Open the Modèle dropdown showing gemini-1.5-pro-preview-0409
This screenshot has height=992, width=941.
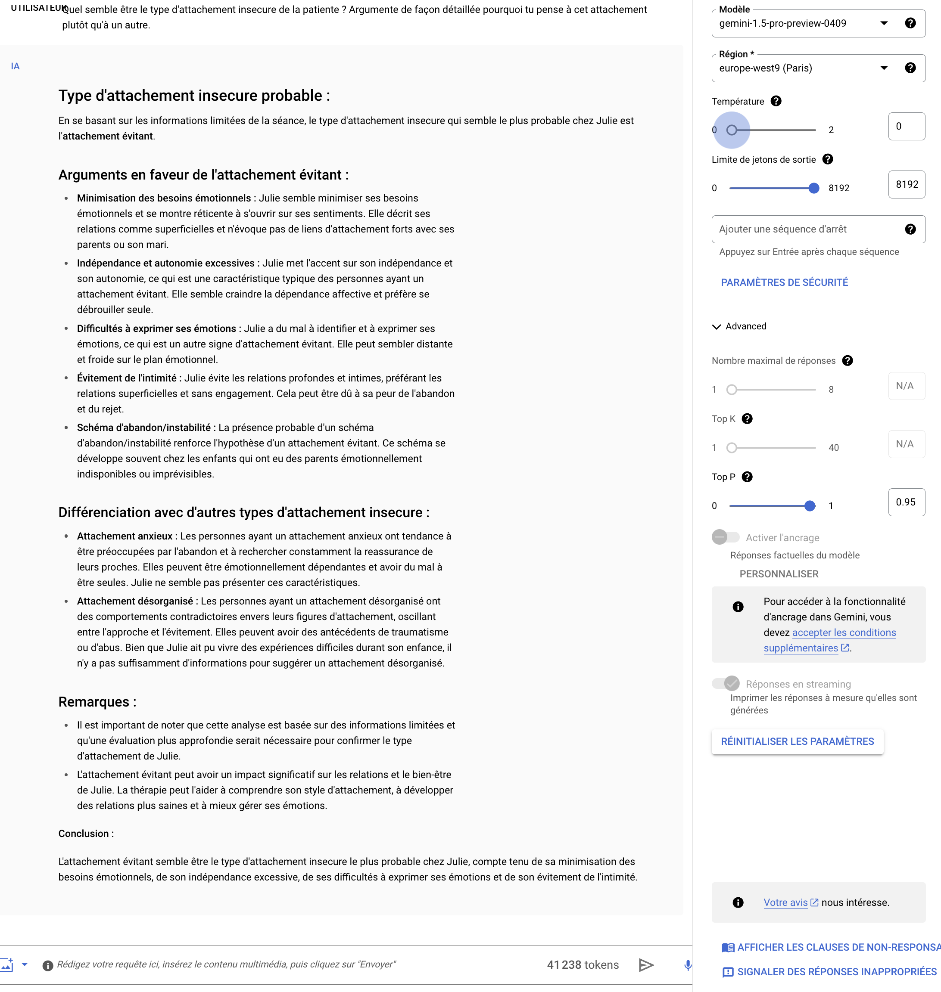(x=803, y=23)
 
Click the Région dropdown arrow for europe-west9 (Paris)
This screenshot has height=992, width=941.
(x=884, y=68)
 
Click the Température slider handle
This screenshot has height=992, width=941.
(x=732, y=130)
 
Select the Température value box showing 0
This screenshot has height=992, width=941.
(x=906, y=126)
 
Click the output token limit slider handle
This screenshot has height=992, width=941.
(x=813, y=188)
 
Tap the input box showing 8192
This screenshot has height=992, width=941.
(x=906, y=184)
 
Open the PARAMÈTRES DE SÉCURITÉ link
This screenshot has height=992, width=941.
(x=784, y=282)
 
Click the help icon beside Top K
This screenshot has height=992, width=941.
(x=747, y=418)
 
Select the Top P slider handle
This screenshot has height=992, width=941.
(x=810, y=506)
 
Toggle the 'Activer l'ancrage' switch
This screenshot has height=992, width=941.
(x=725, y=537)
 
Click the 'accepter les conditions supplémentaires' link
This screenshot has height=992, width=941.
(x=830, y=640)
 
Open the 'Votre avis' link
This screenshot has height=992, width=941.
(x=785, y=902)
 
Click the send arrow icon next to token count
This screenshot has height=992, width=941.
(x=646, y=965)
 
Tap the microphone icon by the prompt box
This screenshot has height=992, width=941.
(x=688, y=965)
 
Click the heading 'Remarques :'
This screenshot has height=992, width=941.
(x=97, y=702)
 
